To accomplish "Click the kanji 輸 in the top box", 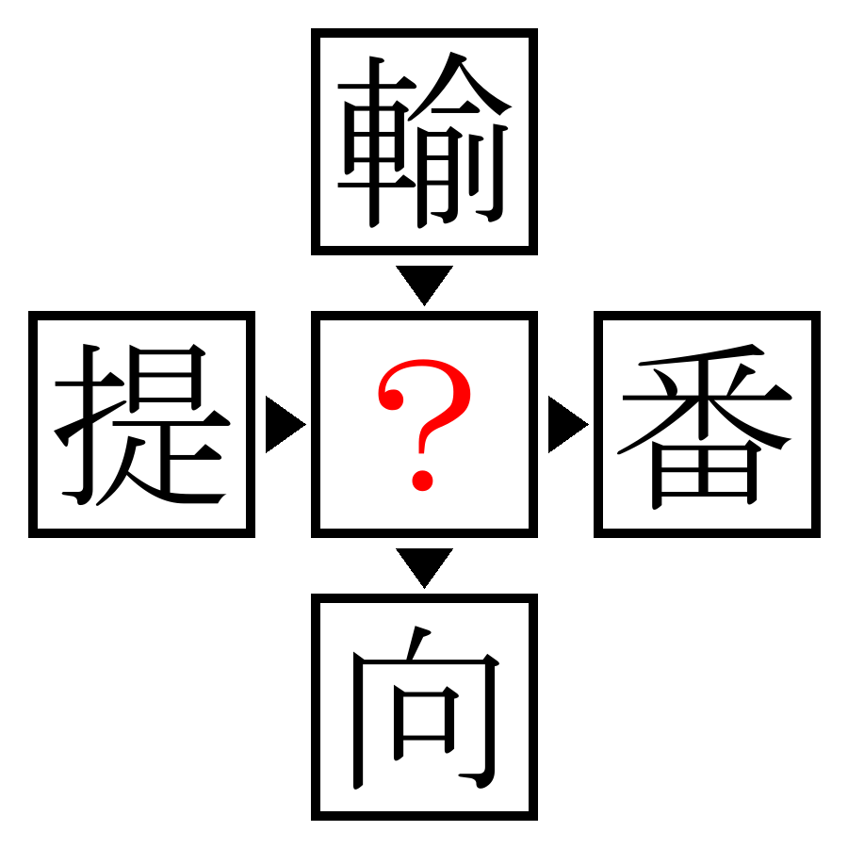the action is [x=424, y=140].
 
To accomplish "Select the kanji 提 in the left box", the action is [x=141, y=425].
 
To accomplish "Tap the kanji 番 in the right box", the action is [x=707, y=426].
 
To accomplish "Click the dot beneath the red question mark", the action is [x=422, y=481].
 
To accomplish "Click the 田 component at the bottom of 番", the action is [x=706, y=474].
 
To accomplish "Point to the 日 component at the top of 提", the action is [x=167, y=376].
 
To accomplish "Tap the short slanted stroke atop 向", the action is [x=417, y=643].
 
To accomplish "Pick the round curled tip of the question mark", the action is [x=392, y=400].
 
